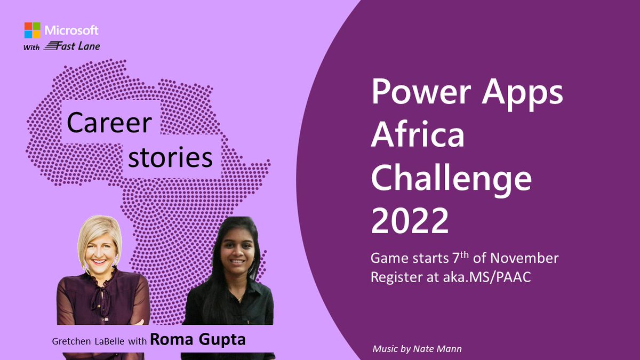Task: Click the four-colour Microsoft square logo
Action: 32,30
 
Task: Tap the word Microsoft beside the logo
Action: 71,30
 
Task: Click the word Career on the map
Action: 109,123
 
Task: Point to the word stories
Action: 171,157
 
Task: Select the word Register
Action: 394,278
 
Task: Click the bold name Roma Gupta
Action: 197,340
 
